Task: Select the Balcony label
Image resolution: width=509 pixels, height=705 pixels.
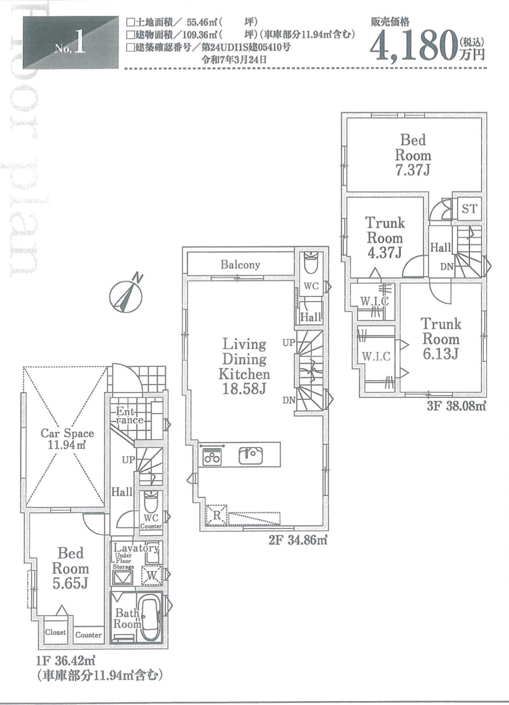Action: (x=240, y=265)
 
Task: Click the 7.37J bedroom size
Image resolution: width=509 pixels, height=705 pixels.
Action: (x=413, y=170)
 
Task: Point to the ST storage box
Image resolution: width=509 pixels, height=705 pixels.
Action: (x=470, y=209)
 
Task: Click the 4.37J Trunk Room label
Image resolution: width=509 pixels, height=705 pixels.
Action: (x=385, y=238)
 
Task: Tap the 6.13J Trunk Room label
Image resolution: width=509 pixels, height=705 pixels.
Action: (x=441, y=339)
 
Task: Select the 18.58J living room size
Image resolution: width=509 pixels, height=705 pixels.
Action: (x=245, y=389)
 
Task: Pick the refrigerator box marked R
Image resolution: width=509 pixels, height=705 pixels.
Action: (x=217, y=515)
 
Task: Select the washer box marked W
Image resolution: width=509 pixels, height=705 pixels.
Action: (x=152, y=576)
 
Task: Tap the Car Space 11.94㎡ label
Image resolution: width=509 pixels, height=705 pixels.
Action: (x=67, y=439)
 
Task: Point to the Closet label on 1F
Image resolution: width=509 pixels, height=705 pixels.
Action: (x=55, y=632)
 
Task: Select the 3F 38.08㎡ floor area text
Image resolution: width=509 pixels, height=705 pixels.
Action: (x=456, y=406)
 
